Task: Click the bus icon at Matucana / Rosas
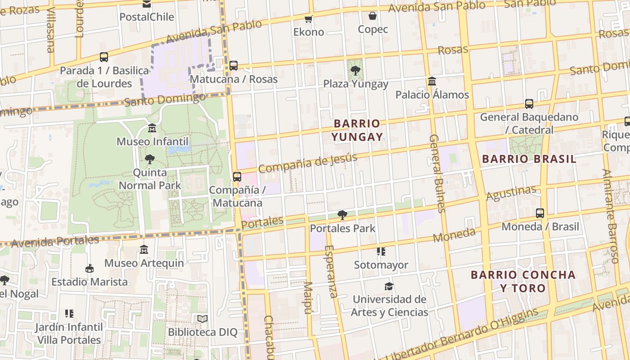click(x=233, y=66)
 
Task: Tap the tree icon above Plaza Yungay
click(x=355, y=70)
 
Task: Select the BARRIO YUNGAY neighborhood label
click(x=358, y=130)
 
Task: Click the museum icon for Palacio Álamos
click(x=432, y=81)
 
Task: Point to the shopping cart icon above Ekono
click(x=308, y=19)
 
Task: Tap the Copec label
click(x=373, y=29)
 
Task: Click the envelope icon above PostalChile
click(x=147, y=4)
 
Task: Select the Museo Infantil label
click(x=153, y=142)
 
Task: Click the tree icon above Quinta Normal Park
click(x=150, y=159)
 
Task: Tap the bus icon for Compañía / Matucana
click(x=237, y=176)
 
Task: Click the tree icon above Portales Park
click(x=342, y=215)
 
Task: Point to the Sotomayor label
click(x=381, y=265)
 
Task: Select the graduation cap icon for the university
click(x=389, y=286)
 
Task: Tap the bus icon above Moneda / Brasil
click(x=540, y=213)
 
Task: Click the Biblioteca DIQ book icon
click(x=202, y=319)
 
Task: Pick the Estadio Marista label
click(x=90, y=282)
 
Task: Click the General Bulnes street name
click(x=437, y=173)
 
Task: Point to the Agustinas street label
click(x=511, y=193)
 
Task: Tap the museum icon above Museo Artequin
click(x=144, y=249)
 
